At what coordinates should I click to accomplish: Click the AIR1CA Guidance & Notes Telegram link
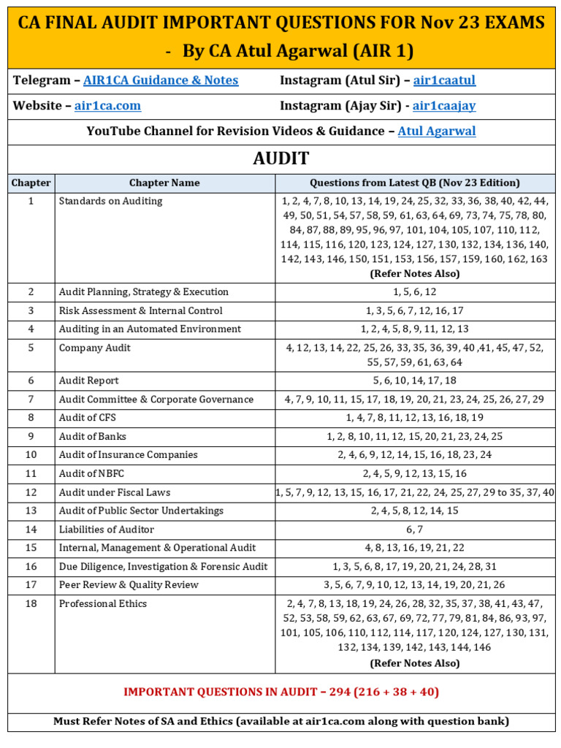(x=161, y=80)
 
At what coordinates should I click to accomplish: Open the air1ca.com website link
(x=107, y=106)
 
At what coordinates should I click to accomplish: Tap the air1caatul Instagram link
(x=444, y=80)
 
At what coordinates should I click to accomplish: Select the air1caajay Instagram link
(x=443, y=106)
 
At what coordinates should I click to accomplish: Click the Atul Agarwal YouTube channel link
(x=436, y=131)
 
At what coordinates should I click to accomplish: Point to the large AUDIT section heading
(x=281, y=159)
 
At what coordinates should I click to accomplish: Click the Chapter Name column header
(x=164, y=183)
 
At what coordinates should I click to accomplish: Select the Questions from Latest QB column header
(x=414, y=183)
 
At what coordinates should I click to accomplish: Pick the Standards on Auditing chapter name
(x=110, y=201)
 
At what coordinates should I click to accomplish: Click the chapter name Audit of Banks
(x=92, y=437)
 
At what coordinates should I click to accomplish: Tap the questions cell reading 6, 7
(x=414, y=530)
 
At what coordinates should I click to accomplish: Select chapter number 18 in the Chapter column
(x=31, y=603)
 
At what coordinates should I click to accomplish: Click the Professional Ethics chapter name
(x=102, y=604)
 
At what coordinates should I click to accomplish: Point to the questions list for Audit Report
(x=414, y=381)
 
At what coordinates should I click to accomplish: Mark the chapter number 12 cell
(x=31, y=492)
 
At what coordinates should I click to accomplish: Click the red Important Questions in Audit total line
(x=281, y=692)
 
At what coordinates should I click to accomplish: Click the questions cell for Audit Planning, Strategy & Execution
(x=414, y=292)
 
